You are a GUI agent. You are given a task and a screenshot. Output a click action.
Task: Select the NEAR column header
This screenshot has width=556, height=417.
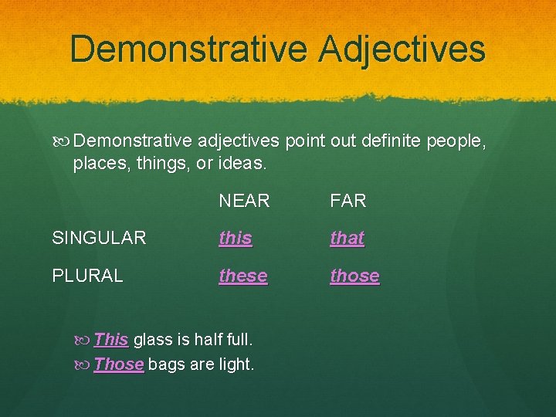pyautogui.click(x=244, y=202)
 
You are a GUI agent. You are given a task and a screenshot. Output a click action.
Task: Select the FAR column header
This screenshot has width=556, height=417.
pyautogui.click(x=347, y=202)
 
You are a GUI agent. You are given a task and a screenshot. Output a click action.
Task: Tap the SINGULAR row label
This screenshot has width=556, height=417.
pyautogui.click(x=99, y=239)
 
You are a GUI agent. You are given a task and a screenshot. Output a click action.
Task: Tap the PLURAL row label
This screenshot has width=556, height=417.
pyautogui.click(x=87, y=276)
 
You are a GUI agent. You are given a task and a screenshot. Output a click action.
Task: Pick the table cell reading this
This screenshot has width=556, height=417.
pyautogui.click(x=235, y=239)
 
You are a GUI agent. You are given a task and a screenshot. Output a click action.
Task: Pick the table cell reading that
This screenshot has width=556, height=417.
pyautogui.click(x=347, y=239)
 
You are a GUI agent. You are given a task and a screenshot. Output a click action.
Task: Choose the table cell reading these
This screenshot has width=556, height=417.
pyautogui.click(x=243, y=276)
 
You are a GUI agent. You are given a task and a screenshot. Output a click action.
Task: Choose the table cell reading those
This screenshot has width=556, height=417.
pyautogui.click(x=354, y=276)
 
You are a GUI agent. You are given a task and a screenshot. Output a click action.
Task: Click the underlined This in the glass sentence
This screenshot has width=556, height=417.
pyautogui.click(x=111, y=340)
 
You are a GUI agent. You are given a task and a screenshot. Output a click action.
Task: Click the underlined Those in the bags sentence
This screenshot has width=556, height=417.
pyautogui.click(x=119, y=364)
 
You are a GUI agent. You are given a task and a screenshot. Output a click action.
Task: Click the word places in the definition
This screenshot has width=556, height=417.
pyautogui.click(x=99, y=164)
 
